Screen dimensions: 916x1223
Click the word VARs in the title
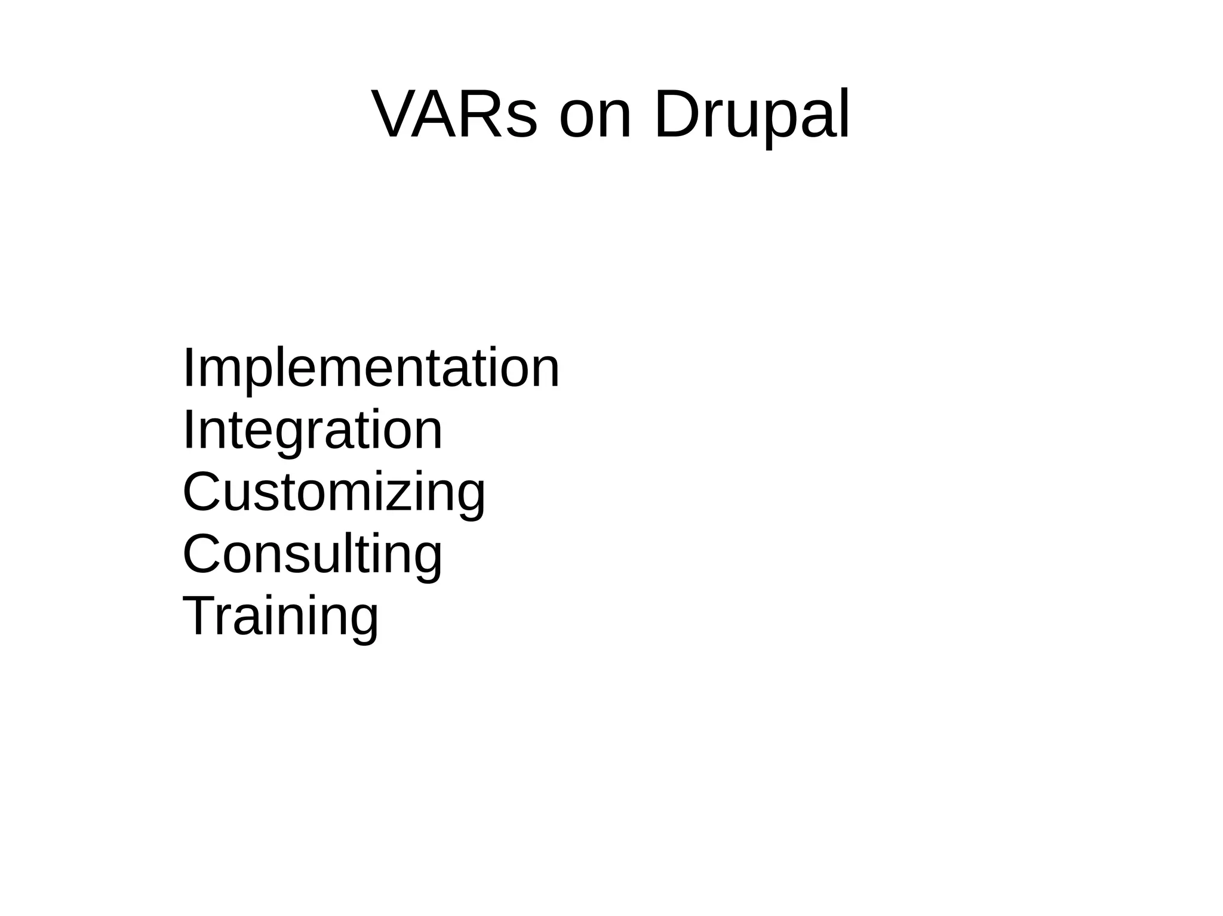[x=454, y=114]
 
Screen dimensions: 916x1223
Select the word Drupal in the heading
[x=751, y=115]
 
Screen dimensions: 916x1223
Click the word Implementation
[x=371, y=368]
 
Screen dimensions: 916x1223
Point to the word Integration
[x=312, y=430]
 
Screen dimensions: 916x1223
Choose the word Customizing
[x=334, y=492]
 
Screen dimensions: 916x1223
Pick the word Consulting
[x=312, y=554]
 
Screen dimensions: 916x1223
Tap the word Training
[x=280, y=616]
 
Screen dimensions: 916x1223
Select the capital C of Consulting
[x=203, y=554]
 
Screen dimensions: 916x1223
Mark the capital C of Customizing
[x=203, y=492]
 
